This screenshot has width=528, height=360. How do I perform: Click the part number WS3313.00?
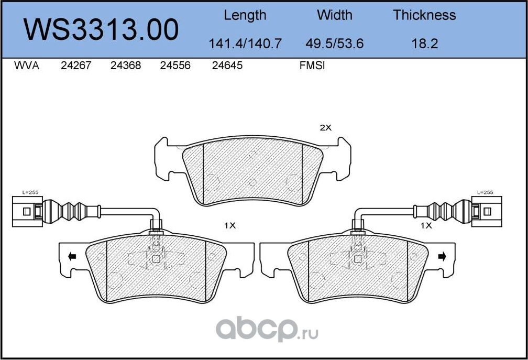102,30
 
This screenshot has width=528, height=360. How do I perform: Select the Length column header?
245,15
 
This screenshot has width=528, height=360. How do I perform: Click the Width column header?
334,15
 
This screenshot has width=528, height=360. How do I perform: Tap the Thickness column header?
424,15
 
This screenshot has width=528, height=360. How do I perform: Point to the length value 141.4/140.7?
245,43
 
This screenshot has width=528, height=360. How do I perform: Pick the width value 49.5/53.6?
334,43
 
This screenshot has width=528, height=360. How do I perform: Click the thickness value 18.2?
424,43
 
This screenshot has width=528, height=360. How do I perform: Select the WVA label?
27,66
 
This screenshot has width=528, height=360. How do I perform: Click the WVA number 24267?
76,66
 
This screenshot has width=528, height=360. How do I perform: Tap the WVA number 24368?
126,66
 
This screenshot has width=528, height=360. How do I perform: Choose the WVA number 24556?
175,66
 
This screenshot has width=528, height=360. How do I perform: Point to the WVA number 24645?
227,66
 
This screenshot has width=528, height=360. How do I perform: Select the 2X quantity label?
326,127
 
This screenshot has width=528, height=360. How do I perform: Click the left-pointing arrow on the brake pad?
72,256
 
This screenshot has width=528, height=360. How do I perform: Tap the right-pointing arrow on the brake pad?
442,256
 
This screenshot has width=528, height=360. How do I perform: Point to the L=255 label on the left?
30,192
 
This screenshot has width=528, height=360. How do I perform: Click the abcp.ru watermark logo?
268,330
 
